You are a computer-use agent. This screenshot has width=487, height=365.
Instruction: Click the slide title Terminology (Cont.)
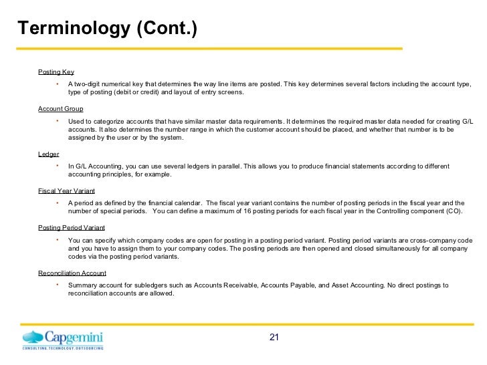point(107,29)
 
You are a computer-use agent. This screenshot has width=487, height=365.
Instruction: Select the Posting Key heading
point(56,72)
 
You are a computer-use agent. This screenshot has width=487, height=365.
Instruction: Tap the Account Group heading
point(61,108)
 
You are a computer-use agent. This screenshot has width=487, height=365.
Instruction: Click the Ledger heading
point(49,154)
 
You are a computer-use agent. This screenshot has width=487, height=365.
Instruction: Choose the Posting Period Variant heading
point(72,227)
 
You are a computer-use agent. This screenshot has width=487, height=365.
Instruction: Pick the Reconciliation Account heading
point(72,273)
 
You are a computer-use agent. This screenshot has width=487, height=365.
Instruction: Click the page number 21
point(273,336)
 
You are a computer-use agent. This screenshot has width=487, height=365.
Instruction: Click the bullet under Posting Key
point(58,84)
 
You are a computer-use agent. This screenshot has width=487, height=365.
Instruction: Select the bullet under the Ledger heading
point(58,165)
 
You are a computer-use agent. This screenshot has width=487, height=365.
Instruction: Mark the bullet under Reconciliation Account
point(58,285)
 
